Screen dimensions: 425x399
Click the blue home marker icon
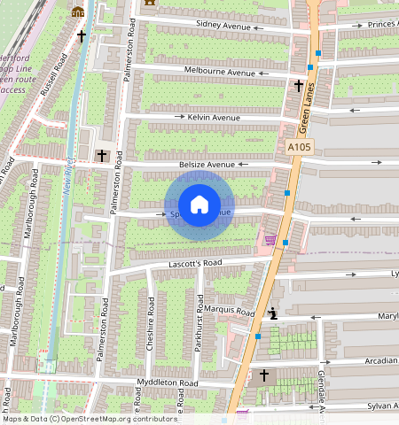tap(199, 205)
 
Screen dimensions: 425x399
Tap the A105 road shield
tap(300, 147)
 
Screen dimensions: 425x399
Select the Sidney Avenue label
tap(223, 26)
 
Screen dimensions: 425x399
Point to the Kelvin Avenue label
tap(214, 117)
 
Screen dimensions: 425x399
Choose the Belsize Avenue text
tap(208, 164)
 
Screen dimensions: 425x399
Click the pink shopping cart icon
tap(270, 239)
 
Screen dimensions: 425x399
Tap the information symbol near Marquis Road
tap(273, 313)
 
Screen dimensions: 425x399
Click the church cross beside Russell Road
tap(82, 36)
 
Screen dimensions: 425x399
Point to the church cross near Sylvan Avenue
tap(263, 376)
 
